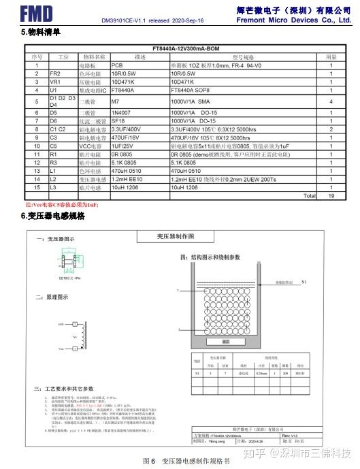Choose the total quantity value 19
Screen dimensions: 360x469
(331, 195)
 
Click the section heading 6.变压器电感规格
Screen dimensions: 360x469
(53, 216)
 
